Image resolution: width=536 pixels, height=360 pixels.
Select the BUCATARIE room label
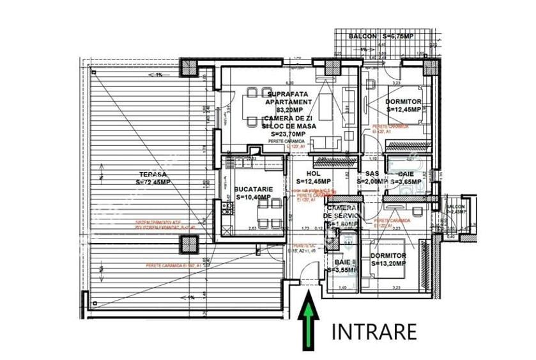(x=254, y=190)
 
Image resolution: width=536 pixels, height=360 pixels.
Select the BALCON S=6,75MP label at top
(x=381, y=37)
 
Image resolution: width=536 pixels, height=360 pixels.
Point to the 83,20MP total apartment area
(x=289, y=109)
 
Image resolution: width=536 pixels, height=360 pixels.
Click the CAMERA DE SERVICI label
(x=346, y=212)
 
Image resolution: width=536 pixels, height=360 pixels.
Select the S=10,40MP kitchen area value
(x=254, y=198)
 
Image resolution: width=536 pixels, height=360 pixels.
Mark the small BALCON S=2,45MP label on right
(x=456, y=211)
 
